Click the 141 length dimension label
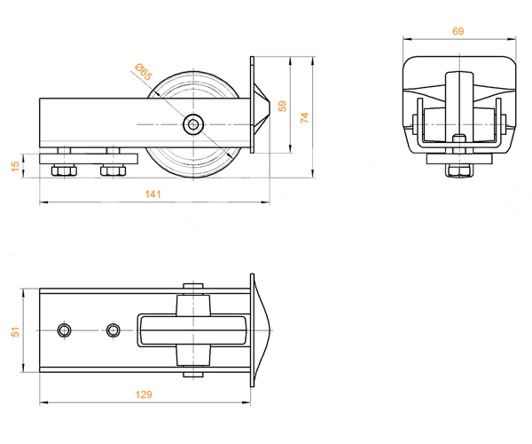(153, 194)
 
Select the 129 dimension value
(144, 394)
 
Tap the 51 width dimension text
(16, 332)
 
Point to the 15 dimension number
(16, 166)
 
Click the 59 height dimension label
(282, 106)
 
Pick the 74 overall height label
(305, 117)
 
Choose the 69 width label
(458, 31)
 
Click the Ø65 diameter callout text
(144, 72)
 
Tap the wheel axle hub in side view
(193, 124)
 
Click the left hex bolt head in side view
(64, 170)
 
